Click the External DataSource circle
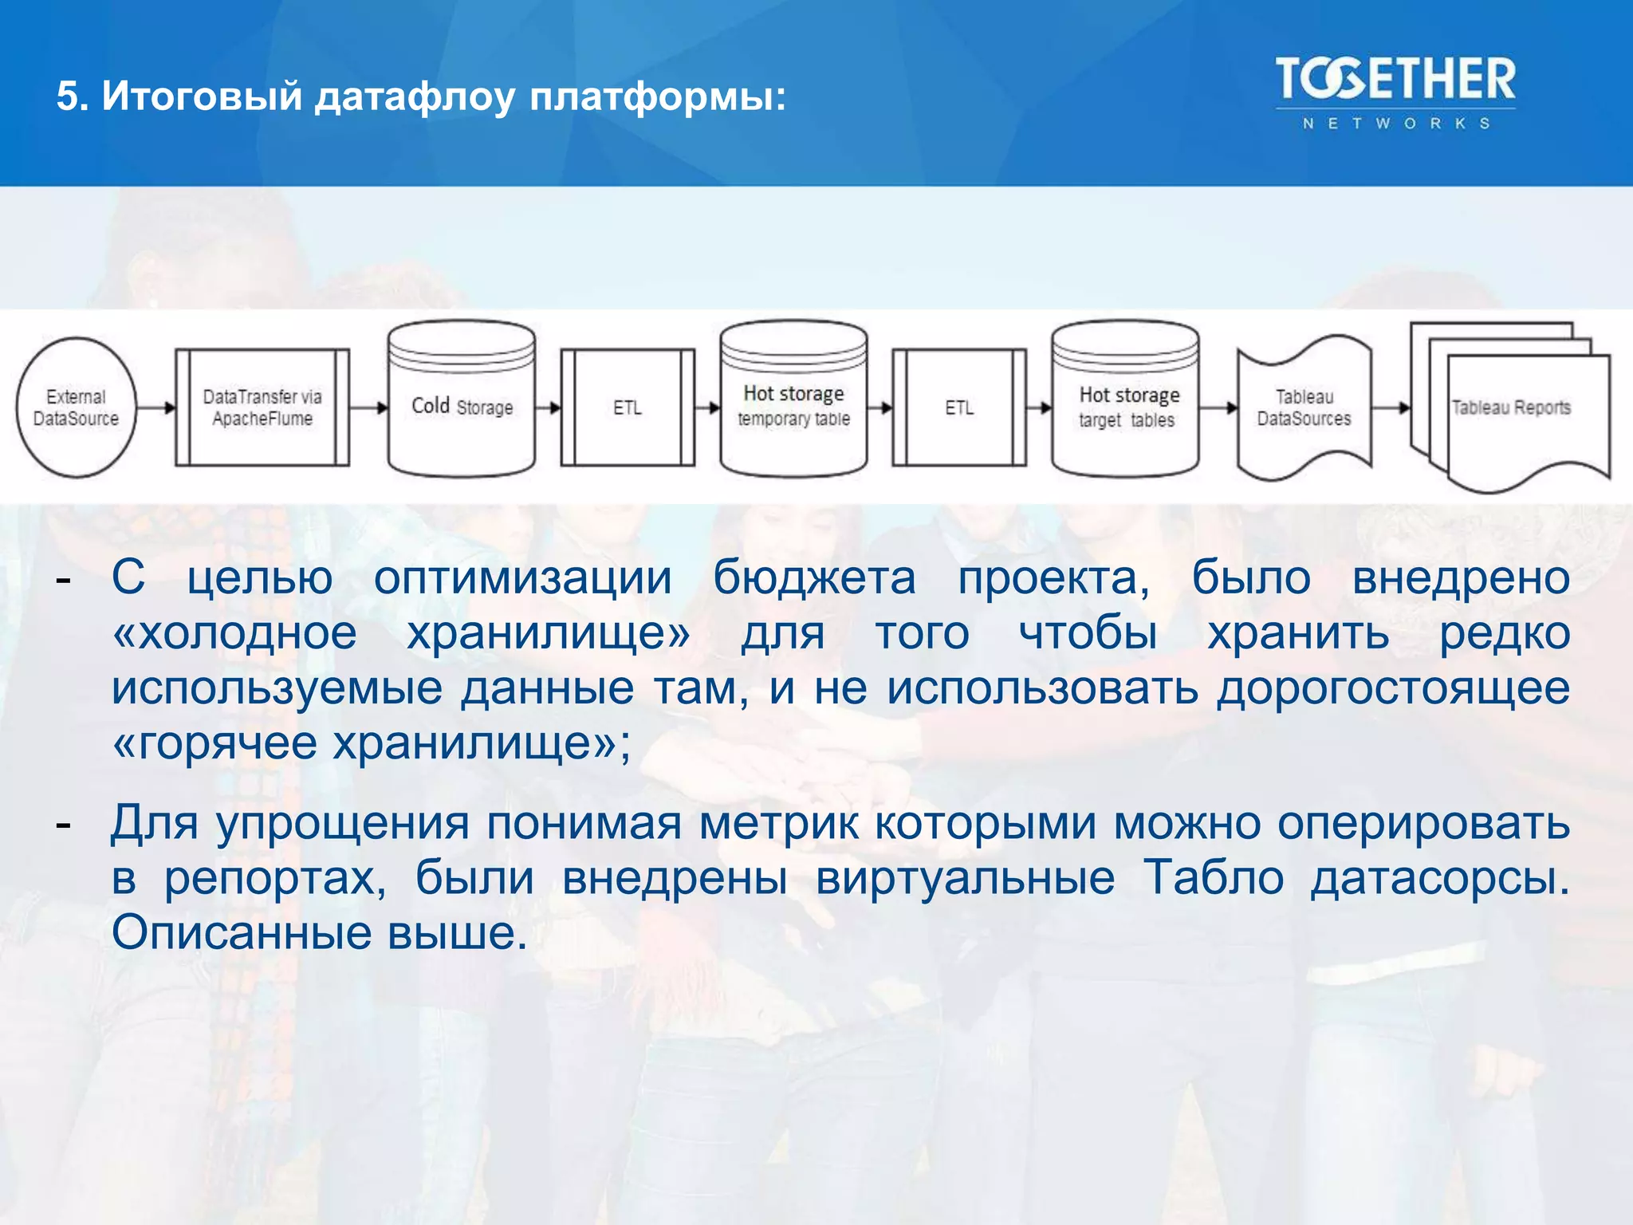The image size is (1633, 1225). click(x=76, y=408)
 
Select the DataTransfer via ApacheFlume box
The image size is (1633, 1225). click(x=262, y=408)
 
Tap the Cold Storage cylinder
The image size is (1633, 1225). click(x=462, y=407)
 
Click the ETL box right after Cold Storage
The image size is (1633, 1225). click(x=628, y=408)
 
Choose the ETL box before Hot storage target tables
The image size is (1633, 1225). click(x=959, y=408)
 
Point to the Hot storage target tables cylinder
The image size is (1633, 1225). click(x=1125, y=407)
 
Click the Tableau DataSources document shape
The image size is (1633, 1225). click(x=1304, y=408)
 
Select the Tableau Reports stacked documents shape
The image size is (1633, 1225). click(x=1511, y=408)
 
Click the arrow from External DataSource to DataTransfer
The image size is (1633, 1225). click(x=156, y=408)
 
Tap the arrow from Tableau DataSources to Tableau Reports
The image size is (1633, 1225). click(x=1391, y=408)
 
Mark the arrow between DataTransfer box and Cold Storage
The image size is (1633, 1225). click(x=368, y=408)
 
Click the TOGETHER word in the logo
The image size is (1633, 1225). click(x=1395, y=79)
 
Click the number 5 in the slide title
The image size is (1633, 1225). click(x=67, y=97)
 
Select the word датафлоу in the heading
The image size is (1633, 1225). click(x=415, y=97)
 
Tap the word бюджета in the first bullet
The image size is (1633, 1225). click(x=814, y=578)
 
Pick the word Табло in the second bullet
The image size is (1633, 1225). click(x=1213, y=878)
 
